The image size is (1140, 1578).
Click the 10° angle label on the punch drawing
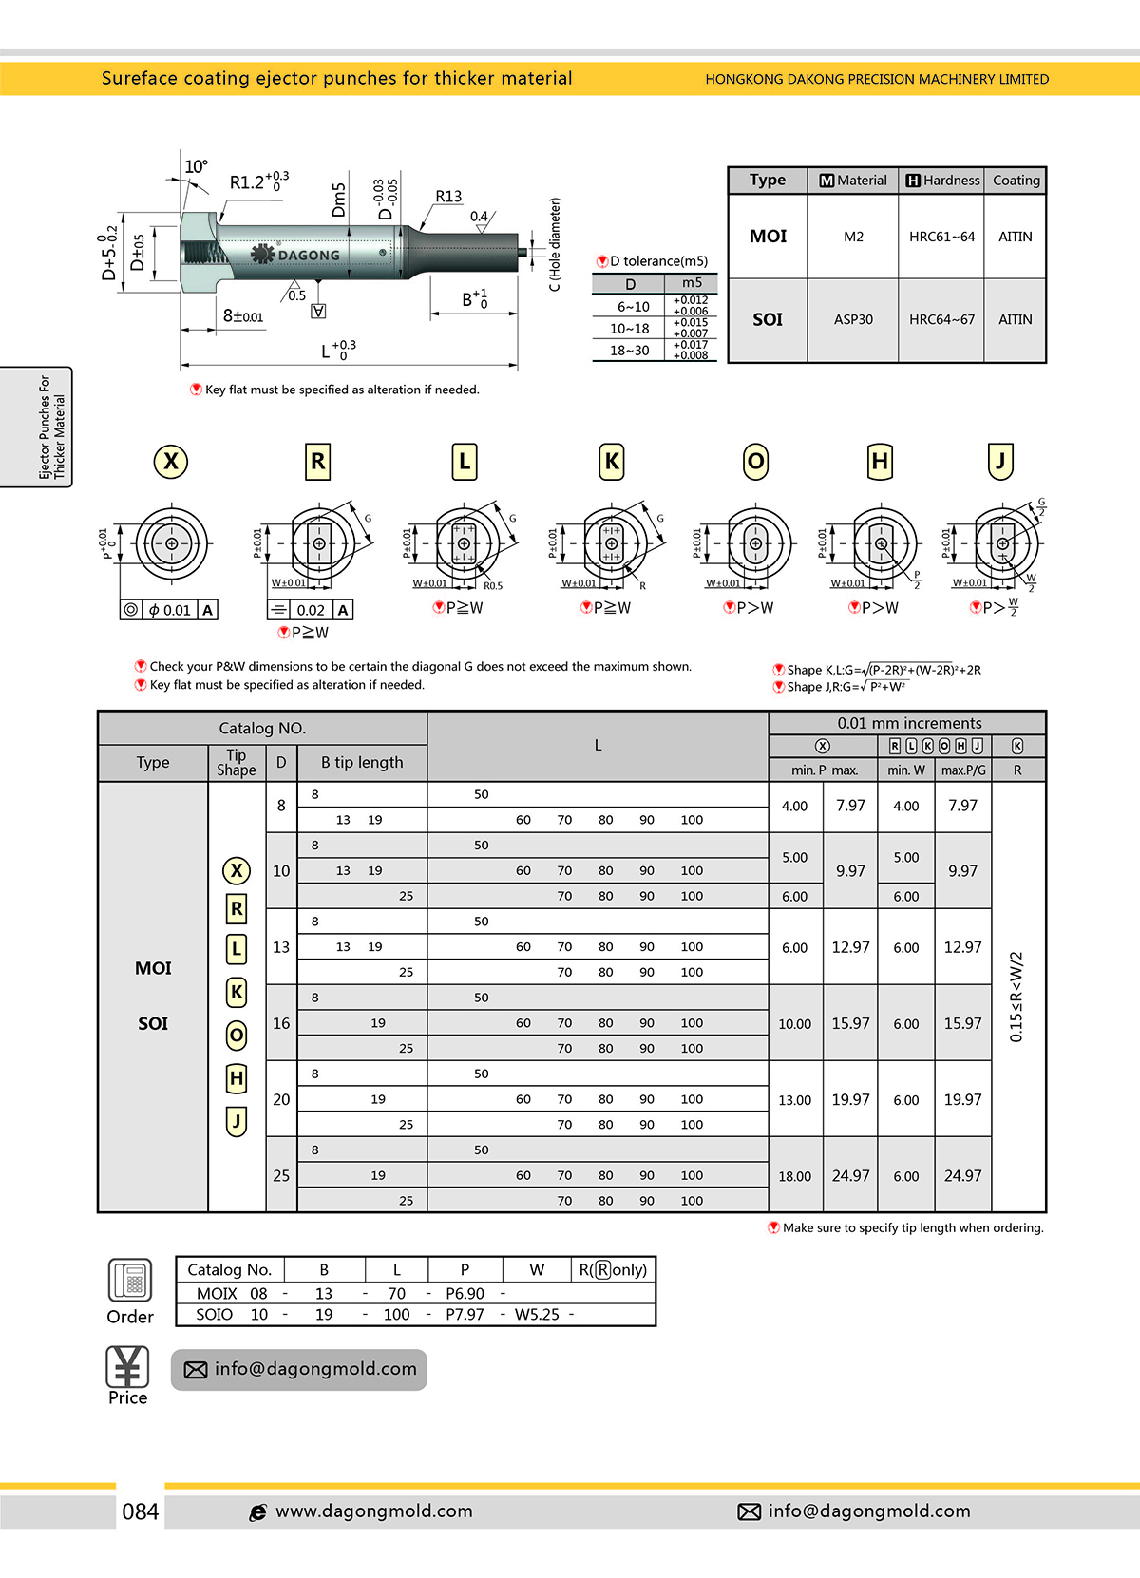coord(196,167)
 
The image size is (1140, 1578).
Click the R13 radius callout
coord(448,197)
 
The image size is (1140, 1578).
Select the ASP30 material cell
coord(853,320)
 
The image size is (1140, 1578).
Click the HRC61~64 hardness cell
coord(941,237)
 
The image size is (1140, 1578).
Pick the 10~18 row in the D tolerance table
coord(630,329)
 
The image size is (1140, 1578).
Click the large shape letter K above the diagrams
coord(612,462)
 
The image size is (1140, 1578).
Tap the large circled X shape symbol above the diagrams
coord(171,462)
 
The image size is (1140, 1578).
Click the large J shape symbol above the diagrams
coord(999,462)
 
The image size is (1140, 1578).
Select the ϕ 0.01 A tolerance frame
coord(169,610)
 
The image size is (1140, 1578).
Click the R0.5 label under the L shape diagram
coord(492,586)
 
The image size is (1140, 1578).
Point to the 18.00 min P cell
coord(795,1176)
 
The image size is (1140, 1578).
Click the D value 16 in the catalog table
coord(281,1023)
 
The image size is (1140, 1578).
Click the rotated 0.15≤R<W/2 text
coord(1016,997)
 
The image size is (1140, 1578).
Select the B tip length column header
coord(362,763)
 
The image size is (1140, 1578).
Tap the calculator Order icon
coord(129,1281)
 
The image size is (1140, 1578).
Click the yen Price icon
coord(127,1367)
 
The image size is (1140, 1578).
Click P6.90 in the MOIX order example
coord(465,1294)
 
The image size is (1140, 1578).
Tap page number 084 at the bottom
coord(141,1511)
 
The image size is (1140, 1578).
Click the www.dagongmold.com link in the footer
coord(373,1511)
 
